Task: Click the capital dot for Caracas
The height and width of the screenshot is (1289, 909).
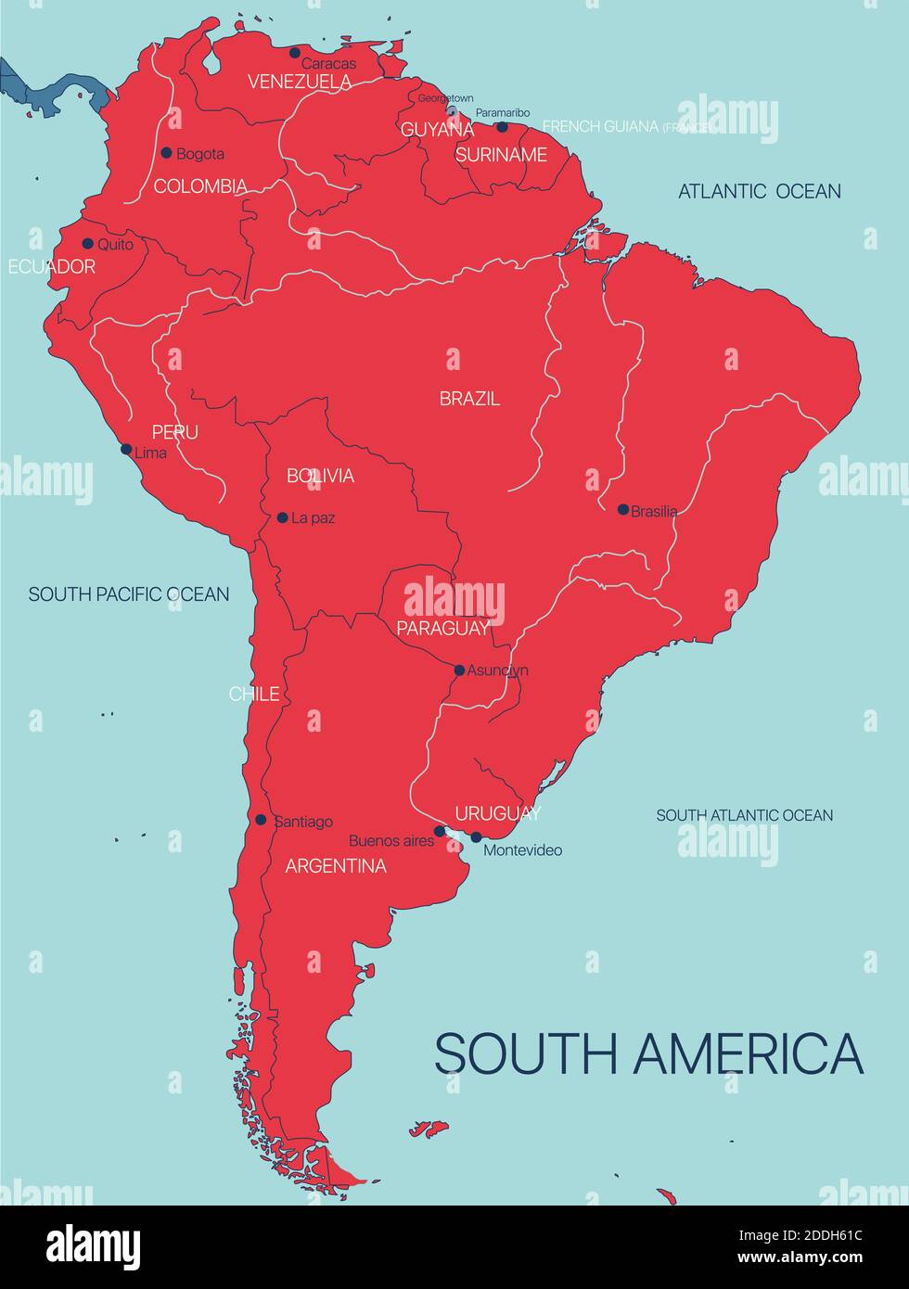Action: (x=295, y=53)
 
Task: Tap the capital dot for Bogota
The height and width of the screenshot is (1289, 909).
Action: (x=167, y=153)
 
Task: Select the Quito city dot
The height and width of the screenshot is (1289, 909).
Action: (x=88, y=244)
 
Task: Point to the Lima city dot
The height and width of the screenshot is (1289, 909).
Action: (x=126, y=449)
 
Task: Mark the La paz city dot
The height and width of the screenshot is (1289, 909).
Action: (x=283, y=517)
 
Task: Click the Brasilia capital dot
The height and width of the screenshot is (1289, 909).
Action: (x=623, y=509)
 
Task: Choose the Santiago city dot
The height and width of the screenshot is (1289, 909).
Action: (x=261, y=820)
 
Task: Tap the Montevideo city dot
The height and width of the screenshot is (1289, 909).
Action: (x=476, y=836)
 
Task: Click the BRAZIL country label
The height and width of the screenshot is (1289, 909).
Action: (x=469, y=399)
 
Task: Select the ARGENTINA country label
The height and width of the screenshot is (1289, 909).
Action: (x=336, y=866)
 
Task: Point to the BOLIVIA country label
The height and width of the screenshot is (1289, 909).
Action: (x=320, y=476)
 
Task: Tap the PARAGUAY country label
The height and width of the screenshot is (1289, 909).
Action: (x=442, y=628)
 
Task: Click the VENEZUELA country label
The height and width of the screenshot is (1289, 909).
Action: (x=300, y=82)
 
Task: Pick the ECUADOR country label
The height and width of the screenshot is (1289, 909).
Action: (x=51, y=267)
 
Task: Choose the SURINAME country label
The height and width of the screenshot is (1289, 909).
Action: (x=501, y=155)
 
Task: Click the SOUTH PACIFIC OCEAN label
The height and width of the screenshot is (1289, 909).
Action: (x=129, y=594)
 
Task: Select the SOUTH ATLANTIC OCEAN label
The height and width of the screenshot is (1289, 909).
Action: (x=744, y=815)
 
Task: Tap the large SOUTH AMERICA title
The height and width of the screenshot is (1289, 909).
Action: (x=648, y=1053)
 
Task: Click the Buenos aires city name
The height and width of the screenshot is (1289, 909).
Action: (x=391, y=841)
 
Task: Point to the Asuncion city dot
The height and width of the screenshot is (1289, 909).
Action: (x=459, y=670)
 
